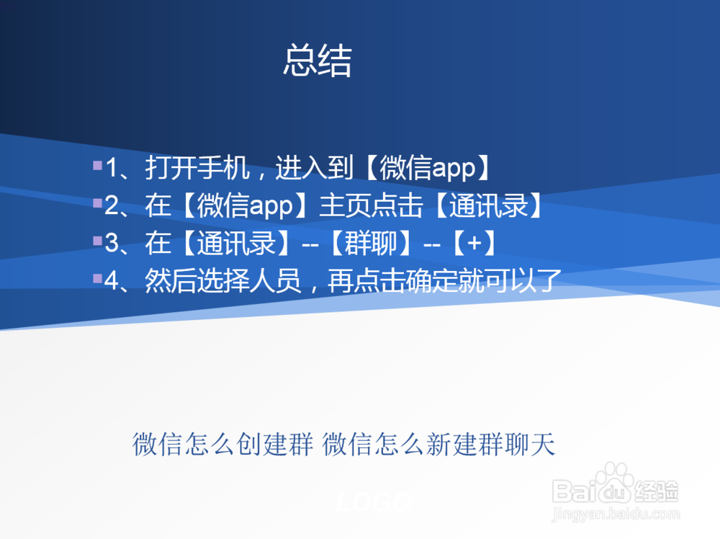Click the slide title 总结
coord(317,61)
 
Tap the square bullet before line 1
coord(97,166)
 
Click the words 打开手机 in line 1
coord(197,169)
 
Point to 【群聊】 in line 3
coord(372,244)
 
